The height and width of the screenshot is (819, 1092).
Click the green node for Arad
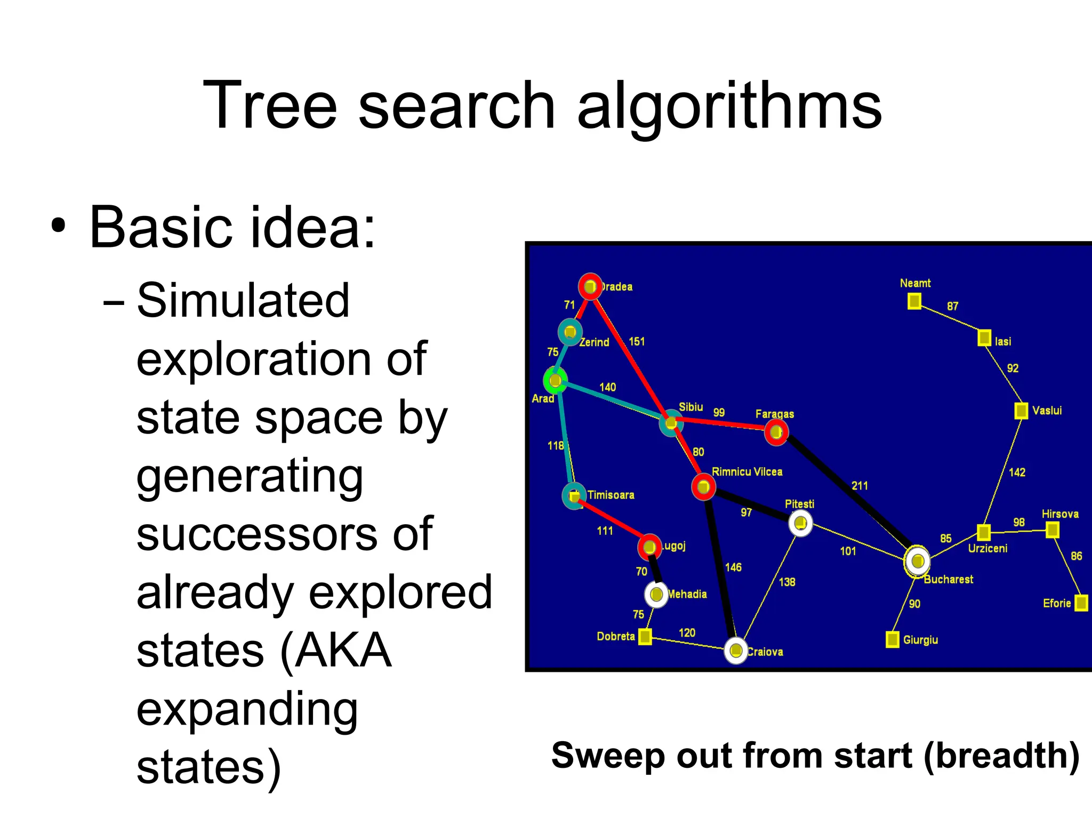tap(555, 380)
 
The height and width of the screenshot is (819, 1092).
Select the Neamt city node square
tap(914, 302)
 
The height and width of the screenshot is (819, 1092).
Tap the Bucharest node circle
tap(918, 561)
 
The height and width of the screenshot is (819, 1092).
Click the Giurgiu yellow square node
tap(892, 639)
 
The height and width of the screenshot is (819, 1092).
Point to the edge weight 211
tap(860, 486)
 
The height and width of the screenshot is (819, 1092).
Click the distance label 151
tap(637, 341)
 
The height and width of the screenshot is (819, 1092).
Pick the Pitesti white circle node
tap(800, 523)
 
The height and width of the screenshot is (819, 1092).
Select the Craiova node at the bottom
tap(736, 651)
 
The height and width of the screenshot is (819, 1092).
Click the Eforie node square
tap(1081, 603)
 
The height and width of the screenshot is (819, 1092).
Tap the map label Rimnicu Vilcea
tap(747, 472)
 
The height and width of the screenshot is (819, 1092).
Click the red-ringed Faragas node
tap(776, 432)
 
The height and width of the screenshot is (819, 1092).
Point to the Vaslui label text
tap(1047, 411)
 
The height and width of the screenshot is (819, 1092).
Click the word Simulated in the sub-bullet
tap(243, 301)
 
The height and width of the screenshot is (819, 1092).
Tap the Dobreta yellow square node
tap(645, 636)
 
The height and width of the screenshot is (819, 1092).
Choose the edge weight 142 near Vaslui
tap(1017, 472)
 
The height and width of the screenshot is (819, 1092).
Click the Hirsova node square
tap(1052, 530)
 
